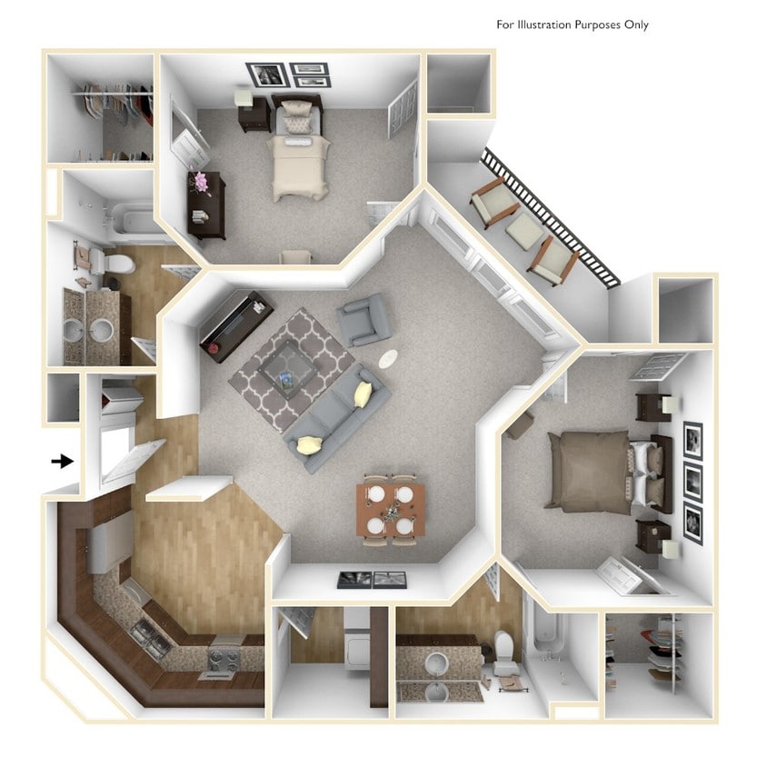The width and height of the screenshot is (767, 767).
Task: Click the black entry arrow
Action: (x=62, y=462)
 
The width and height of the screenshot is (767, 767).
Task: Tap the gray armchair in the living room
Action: (x=364, y=319)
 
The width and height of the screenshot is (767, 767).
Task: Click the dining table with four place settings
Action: (x=391, y=509)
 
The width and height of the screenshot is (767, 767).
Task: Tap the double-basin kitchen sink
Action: (x=151, y=637)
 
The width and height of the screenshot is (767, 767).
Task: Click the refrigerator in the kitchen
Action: (x=109, y=540)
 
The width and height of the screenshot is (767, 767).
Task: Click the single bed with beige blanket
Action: (x=297, y=154)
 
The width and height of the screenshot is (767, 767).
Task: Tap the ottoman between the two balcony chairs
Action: (x=524, y=232)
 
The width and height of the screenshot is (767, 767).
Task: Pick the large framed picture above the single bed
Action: (x=267, y=75)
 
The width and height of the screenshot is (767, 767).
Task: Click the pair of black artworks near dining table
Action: (x=372, y=579)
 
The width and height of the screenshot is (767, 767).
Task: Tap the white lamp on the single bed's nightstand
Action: (x=243, y=96)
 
